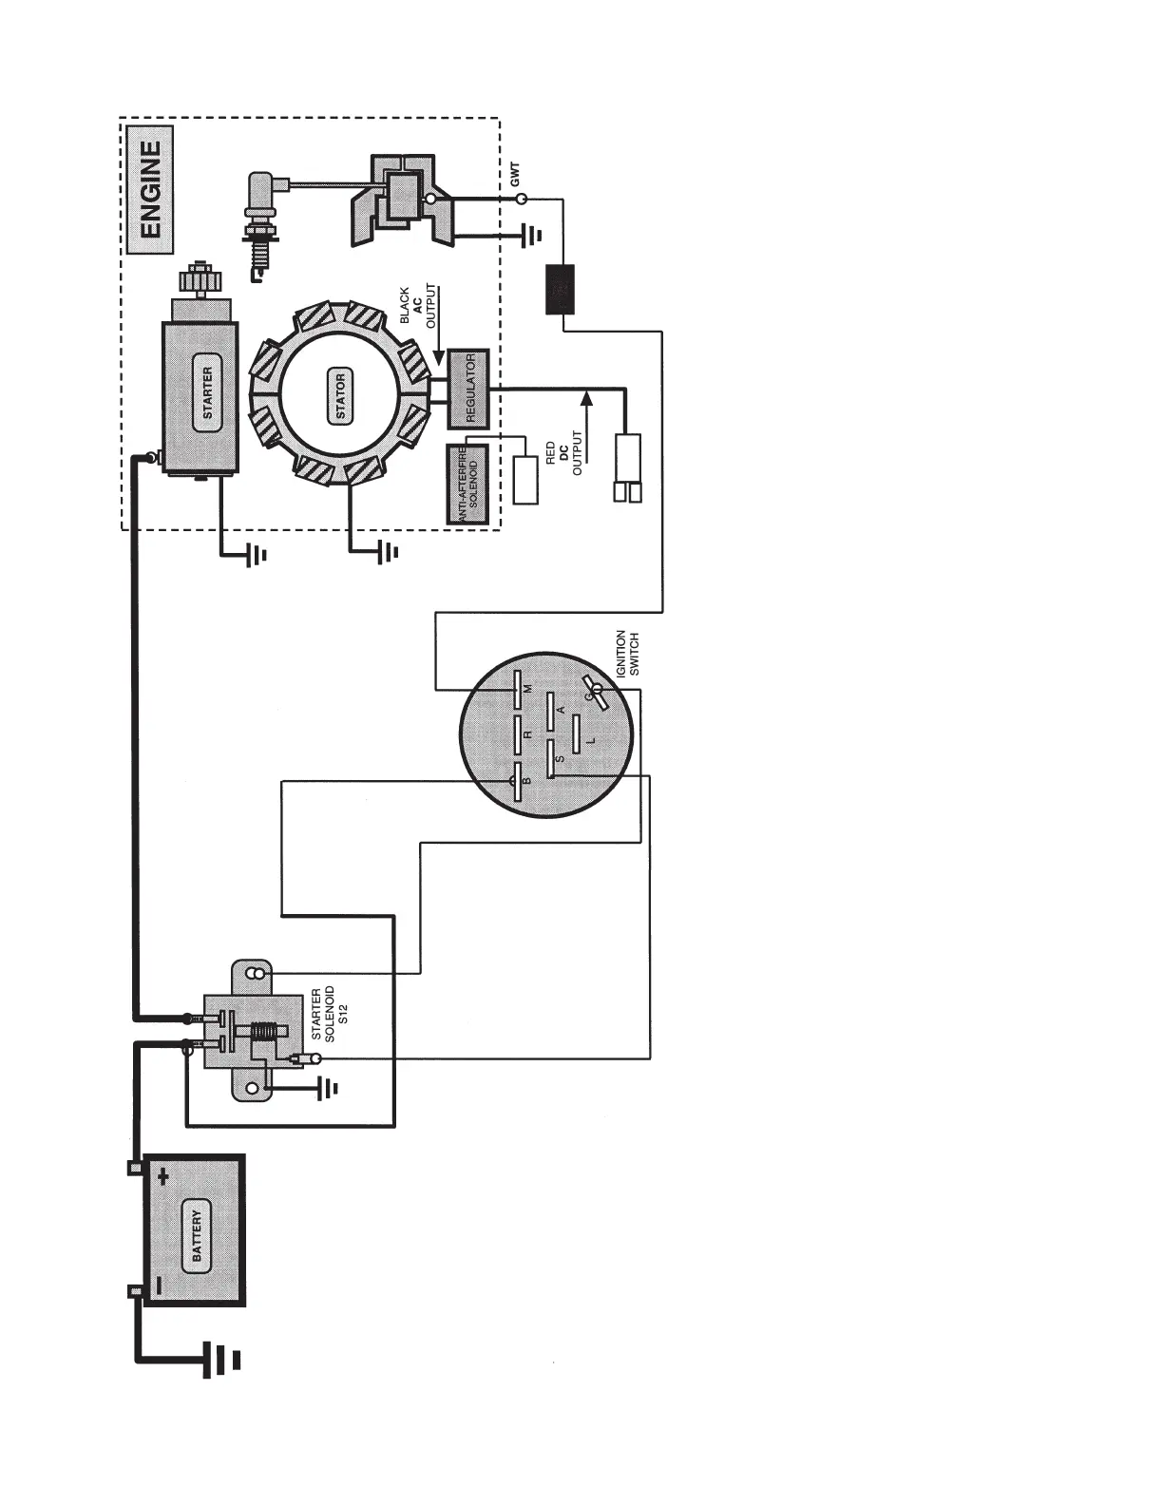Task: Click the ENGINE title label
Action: pyautogui.click(x=151, y=189)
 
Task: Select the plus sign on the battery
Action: pyautogui.click(x=163, y=1176)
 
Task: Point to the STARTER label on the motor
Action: pyautogui.click(x=207, y=393)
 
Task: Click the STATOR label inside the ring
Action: pyautogui.click(x=340, y=397)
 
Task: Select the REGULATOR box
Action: pyautogui.click(x=467, y=388)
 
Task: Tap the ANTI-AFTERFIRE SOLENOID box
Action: pyautogui.click(x=467, y=484)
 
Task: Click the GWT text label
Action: pyautogui.click(x=515, y=174)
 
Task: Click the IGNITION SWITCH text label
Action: pyautogui.click(x=628, y=654)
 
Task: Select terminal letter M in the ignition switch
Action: pyautogui.click(x=528, y=687)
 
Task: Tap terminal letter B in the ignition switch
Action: pyautogui.click(x=527, y=780)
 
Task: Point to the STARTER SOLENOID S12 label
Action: pyautogui.click(x=329, y=1015)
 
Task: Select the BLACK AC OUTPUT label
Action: pyautogui.click(x=417, y=308)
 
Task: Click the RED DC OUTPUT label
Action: pyautogui.click(x=563, y=453)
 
